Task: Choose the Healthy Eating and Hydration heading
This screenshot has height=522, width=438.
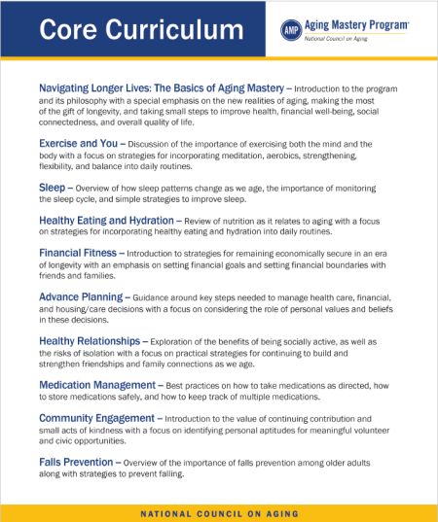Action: (121, 220)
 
